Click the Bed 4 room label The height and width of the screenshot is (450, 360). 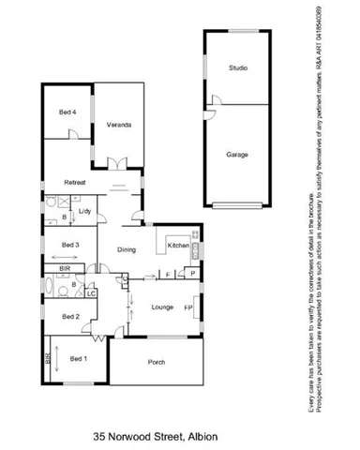[67, 113]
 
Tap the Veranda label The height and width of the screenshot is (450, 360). [118, 125]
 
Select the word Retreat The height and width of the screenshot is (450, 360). [75, 182]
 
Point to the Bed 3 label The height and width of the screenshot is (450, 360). [71, 246]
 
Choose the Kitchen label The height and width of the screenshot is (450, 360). [177, 246]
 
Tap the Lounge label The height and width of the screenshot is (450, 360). [161, 307]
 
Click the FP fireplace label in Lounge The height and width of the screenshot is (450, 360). [188, 307]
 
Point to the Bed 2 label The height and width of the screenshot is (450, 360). [70, 317]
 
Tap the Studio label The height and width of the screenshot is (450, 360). [239, 68]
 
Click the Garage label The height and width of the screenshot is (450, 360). [238, 154]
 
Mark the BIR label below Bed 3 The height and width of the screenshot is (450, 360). [65, 267]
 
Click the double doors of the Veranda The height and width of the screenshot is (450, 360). [116, 165]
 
